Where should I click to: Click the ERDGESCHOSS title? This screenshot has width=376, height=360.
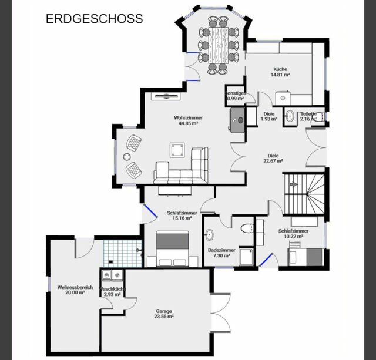pyautogui.click(x=94, y=18)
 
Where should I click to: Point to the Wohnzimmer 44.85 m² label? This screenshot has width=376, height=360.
pyautogui.click(x=186, y=120)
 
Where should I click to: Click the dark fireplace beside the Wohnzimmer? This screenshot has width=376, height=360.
pyautogui.click(x=237, y=120)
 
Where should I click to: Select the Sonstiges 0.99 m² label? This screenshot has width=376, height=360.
pyautogui.click(x=235, y=96)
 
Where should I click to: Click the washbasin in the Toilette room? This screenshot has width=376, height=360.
pyautogui.click(x=290, y=116)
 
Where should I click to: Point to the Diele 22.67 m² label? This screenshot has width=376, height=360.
pyautogui.click(x=273, y=158)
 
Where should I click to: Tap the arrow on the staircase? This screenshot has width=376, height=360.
pyautogui.click(x=294, y=184)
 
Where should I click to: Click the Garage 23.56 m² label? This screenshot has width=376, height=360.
pyautogui.click(x=164, y=314)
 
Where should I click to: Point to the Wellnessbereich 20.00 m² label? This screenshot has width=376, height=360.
pyautogui.click(x=75, y=289)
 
